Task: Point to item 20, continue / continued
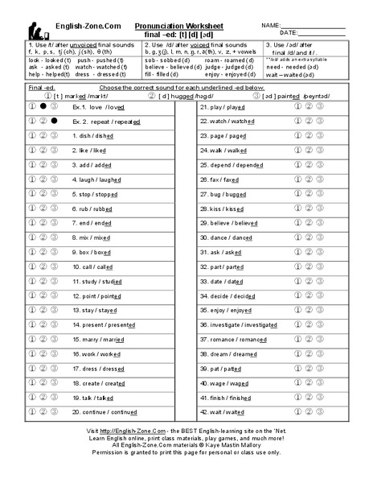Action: pos(105,411)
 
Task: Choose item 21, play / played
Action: pos(222,106)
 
